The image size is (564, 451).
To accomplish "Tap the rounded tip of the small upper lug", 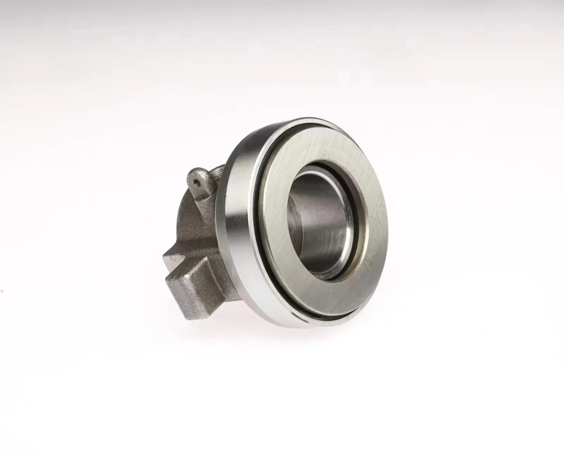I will (193, 174).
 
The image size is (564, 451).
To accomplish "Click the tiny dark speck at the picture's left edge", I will (2, 290).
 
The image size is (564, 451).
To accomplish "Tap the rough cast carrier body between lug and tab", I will (197, 229).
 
